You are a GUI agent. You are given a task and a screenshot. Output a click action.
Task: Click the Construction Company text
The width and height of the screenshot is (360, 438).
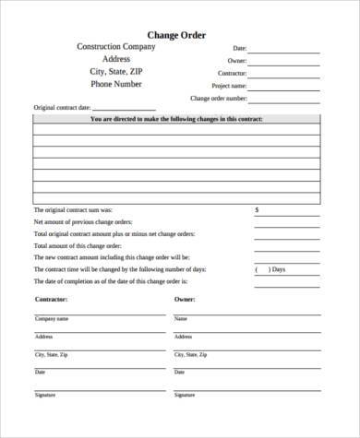[116, 46]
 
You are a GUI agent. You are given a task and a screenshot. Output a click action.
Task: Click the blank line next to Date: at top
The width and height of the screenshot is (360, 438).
[286, 50]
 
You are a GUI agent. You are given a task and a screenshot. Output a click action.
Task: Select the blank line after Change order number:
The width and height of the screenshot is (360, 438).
[286, 99]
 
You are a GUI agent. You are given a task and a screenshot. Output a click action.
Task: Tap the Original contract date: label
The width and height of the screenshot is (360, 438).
[62, 107]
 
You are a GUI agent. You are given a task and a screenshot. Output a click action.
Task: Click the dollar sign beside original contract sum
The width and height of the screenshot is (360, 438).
[257, 209]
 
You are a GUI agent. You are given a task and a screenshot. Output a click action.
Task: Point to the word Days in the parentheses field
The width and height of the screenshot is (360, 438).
[278, 269]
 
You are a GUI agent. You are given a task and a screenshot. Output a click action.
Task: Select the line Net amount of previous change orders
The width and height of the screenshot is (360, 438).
[83, 222]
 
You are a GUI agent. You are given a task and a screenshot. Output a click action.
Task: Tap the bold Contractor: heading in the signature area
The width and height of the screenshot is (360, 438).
[53, 300]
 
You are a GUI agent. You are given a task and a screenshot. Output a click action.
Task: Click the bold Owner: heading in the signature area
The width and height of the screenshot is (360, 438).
[186, 300]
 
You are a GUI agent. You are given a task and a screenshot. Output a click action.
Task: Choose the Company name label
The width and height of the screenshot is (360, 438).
[52, 319]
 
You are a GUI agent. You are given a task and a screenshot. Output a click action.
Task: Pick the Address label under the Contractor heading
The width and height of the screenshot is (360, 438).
[43, 337]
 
